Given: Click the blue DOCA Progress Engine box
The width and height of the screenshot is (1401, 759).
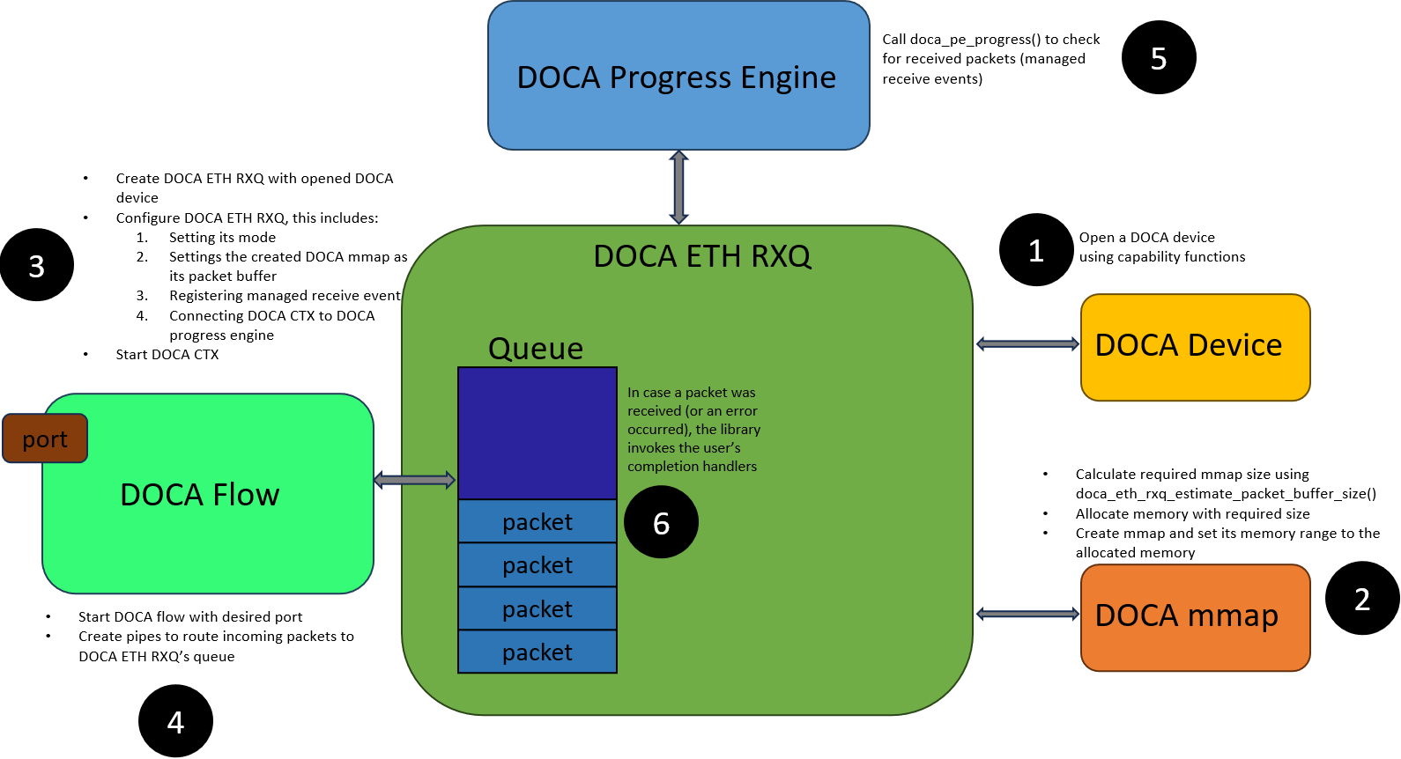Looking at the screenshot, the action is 678,76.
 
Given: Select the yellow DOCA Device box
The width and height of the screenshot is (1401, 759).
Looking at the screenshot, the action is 1195,347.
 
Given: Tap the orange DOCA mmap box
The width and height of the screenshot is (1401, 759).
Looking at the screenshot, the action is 1195,618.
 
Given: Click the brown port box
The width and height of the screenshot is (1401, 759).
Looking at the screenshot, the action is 45,438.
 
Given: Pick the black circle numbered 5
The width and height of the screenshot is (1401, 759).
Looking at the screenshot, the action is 1159,57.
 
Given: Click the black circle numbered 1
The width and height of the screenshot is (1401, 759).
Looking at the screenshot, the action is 1036,250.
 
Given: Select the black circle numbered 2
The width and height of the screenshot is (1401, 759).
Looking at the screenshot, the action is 1362,599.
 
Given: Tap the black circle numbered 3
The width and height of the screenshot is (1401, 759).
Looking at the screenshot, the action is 37,265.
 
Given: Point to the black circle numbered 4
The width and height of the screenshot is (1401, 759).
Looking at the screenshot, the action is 175,721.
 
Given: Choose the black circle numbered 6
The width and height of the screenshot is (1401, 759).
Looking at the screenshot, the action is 661,522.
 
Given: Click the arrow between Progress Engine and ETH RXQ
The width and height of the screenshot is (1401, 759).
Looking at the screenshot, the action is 678,187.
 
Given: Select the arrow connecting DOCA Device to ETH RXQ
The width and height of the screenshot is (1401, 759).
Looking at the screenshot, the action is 1027,344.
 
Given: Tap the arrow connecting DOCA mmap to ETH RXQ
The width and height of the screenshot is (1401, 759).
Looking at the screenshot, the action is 1027,614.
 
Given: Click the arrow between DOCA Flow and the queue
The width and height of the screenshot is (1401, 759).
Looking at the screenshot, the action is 415,480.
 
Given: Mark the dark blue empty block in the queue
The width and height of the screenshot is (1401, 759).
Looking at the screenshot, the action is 537,433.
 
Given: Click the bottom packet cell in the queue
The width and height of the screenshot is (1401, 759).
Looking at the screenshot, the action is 537,652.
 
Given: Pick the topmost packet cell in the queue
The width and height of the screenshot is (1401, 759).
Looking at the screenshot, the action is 537,521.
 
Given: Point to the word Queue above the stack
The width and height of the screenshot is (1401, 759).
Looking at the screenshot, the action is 536,348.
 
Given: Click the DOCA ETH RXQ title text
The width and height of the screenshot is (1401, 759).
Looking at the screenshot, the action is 701,256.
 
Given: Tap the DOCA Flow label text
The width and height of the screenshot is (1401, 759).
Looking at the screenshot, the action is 199,495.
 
